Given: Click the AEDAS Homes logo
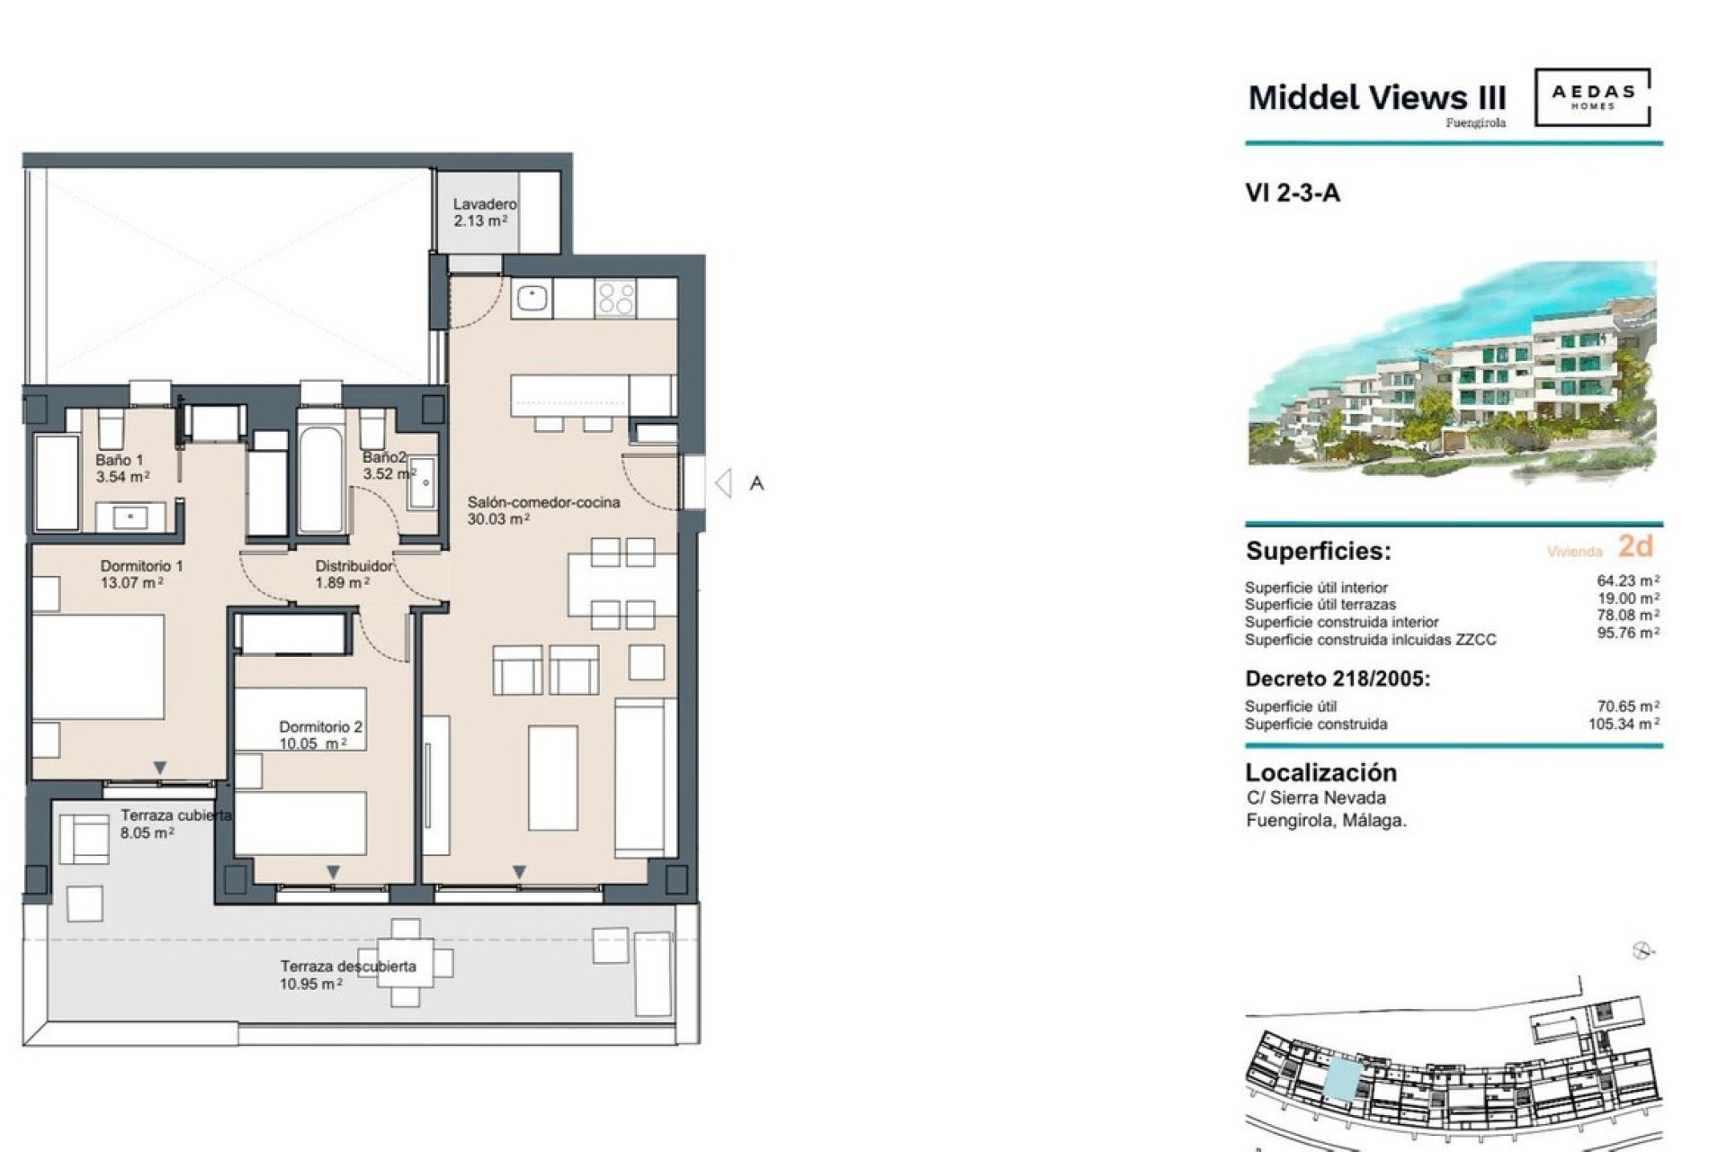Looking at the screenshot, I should (1591, 96).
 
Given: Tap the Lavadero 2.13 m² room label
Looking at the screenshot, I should (483, 212).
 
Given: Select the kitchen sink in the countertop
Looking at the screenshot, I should (532, 298).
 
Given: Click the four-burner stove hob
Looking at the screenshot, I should (616, 298).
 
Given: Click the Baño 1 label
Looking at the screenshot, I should (119, 460).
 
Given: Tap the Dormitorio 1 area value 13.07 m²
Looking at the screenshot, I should (131, 583).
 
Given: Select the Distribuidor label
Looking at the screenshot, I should (353, 566).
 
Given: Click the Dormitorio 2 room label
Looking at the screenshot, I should (320, 726).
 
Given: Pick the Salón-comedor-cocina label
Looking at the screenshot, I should (543, 502).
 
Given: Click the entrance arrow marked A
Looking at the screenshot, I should (725, 483).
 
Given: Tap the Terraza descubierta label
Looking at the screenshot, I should (348, 967).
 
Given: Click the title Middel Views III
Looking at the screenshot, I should (1376, 97).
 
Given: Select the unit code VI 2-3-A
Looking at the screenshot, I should (1293, 193).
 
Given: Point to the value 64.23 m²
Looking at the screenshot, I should (1627, 580).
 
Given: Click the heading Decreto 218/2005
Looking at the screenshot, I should (1337, 679).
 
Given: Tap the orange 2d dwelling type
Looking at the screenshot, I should (1634, 545).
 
